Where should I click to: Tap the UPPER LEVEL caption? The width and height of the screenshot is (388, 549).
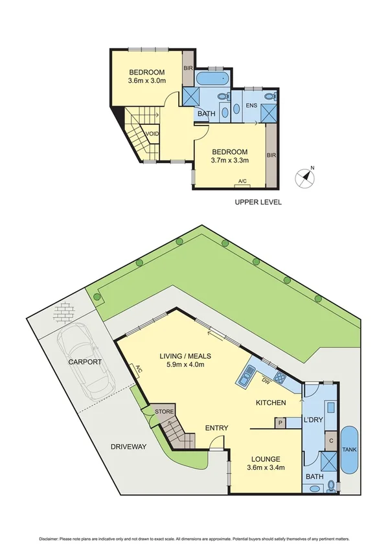258,203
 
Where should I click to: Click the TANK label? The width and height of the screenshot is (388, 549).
350,451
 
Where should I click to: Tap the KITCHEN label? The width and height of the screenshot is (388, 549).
271,403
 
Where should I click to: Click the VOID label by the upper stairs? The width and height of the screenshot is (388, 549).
152,134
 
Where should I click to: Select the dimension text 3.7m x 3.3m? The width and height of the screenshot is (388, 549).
229,160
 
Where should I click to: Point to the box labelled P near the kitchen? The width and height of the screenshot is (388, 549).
280,422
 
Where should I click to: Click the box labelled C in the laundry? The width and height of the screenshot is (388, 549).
331,440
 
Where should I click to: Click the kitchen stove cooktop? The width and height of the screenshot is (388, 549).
280,377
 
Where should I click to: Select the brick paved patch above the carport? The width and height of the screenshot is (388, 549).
65,314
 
